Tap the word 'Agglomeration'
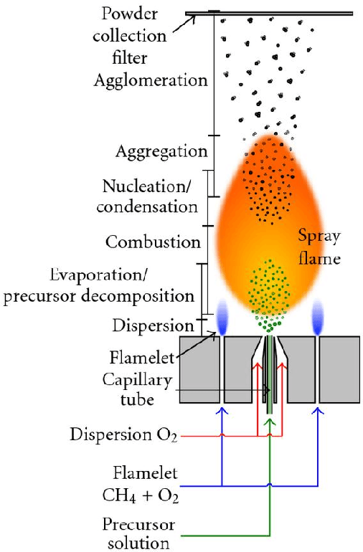click(x=151, y=80)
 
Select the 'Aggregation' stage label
click(x=161, y=152)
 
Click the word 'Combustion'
click(x=153, y=242)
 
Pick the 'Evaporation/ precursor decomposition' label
click(x=98, y=285)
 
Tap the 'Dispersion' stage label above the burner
click(x=153, y=325)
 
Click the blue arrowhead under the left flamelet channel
click(x=222, y=411)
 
